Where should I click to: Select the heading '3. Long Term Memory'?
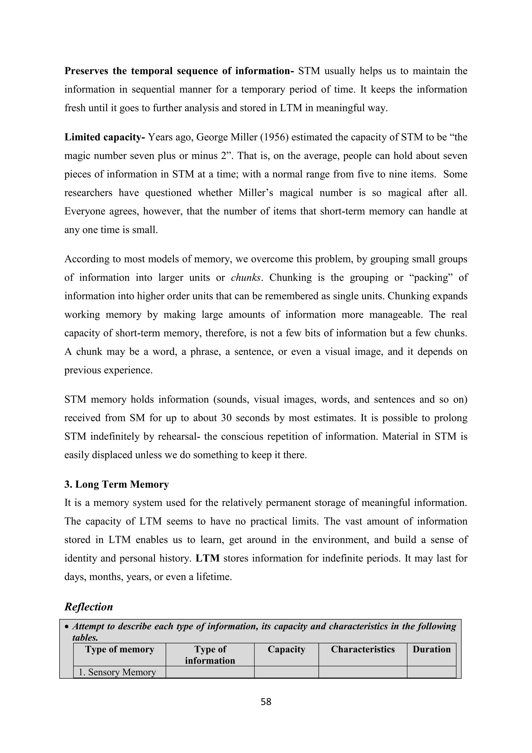(x=116, y=484)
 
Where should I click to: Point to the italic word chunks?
(x=246, y=278)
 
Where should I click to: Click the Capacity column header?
(x=286, y=649)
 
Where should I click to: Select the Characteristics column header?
(x=363, y=649)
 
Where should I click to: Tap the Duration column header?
(x=431, y=649)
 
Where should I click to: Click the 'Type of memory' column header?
(x=119, y=649)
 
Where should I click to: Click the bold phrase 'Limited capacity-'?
(x=104, y=137)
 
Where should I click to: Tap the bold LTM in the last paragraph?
(x=207, y=558)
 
